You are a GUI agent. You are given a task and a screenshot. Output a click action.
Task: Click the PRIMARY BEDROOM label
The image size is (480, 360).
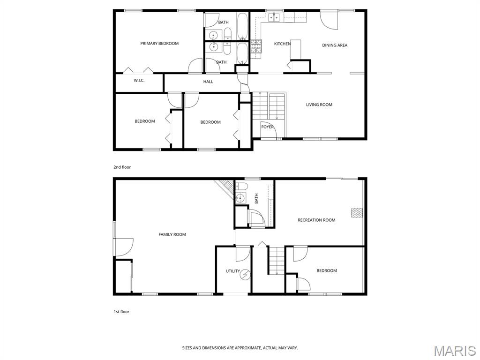tap(159, 44)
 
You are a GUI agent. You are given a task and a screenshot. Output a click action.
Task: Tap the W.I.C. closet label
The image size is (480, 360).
tap(139, 81)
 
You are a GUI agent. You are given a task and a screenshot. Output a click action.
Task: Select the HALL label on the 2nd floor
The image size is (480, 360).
tap(208, 82)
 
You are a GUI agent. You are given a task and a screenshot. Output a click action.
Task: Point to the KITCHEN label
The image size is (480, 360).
tap(282, 44)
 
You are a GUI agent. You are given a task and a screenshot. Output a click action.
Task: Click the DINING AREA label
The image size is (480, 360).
tap(335, 45)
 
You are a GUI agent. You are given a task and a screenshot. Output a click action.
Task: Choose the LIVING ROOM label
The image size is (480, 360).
tap(319, 105)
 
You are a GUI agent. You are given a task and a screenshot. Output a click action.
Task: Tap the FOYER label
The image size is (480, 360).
tap(267, 127)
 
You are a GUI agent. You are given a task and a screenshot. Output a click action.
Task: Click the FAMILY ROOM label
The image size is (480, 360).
tap(172, 234)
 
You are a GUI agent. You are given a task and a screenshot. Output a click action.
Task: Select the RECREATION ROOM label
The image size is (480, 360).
tap(316, 220)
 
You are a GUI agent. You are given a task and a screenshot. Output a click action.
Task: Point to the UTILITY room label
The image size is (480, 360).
tap(232, 271)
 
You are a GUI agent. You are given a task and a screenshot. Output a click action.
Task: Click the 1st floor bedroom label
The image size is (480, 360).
tap(327, 270)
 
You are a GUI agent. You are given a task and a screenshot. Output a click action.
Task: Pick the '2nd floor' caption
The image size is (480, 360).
tap(122, 167)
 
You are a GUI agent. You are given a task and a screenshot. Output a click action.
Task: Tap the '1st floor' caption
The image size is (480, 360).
tap(121, 312)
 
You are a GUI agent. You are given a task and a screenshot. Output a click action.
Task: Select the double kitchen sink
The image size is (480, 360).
tap(274, 18)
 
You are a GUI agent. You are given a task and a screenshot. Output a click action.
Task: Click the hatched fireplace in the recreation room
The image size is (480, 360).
tap(357, 213)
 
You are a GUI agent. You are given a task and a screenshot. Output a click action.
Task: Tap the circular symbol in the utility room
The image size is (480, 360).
tap(245, 275)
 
